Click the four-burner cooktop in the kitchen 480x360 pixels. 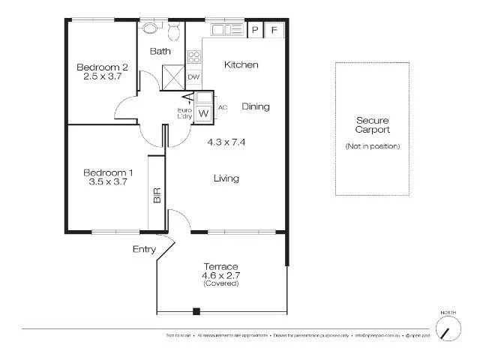193,57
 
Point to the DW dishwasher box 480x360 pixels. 193,77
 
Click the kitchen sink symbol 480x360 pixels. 224,30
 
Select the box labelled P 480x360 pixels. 255,30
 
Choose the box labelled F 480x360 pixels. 274,30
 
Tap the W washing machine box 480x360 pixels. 203,113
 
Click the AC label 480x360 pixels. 222,107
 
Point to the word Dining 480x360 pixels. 255,106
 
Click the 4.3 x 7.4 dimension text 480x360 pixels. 226,141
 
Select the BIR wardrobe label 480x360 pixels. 157,196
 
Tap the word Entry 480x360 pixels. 144,249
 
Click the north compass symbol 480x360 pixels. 448,328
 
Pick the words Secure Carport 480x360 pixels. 373,124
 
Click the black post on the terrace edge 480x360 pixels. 196,311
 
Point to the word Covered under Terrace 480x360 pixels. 221,283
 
